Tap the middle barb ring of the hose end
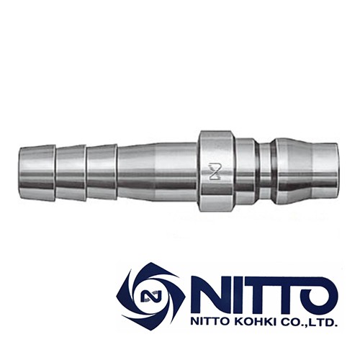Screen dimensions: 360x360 71,172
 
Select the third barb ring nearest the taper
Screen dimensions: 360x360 102,172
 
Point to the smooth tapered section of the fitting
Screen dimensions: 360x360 155,172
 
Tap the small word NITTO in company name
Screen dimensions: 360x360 210,323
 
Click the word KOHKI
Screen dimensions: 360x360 256,323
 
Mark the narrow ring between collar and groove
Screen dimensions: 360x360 246,172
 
